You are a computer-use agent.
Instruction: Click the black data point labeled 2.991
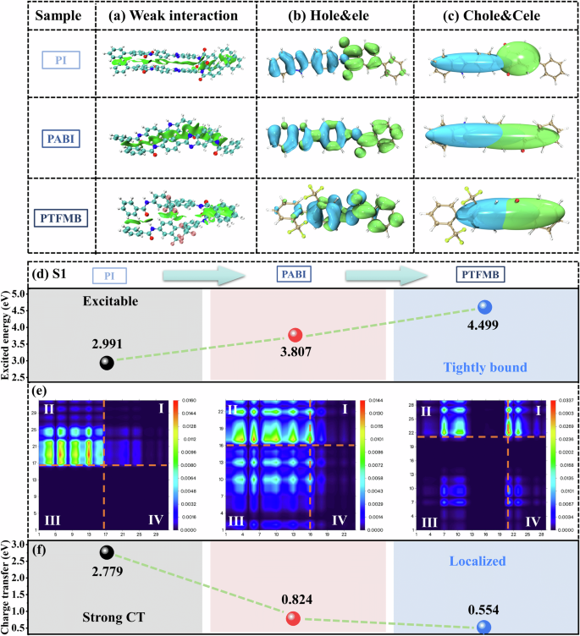(106, 362)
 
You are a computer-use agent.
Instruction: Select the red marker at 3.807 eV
(295, 334)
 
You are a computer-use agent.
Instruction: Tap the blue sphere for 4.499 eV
(484, 307)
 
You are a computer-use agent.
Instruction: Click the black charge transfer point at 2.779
(106, 552)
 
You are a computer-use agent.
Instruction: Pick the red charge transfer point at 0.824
(293, 617)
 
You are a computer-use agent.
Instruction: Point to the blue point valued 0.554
(483, 628)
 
